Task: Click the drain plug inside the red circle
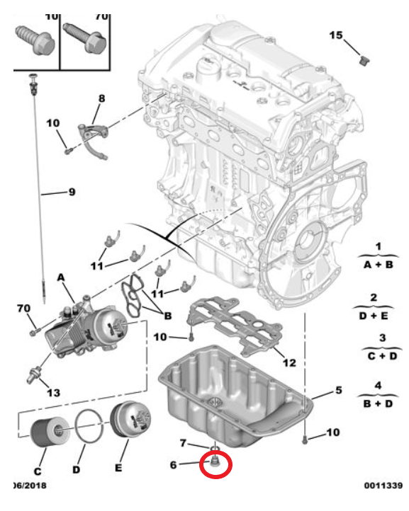pyautogui.click(x=213, y=464)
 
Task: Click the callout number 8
pyautogui.click(x=101, y=98)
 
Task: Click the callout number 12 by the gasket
pyautogui.click(x=289, y=363)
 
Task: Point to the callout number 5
pyautogui.click(x=338, y=390)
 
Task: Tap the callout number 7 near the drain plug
pyautogui.click(x=182, y=443)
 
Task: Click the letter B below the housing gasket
pyautogui.click(x=168, y=315)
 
